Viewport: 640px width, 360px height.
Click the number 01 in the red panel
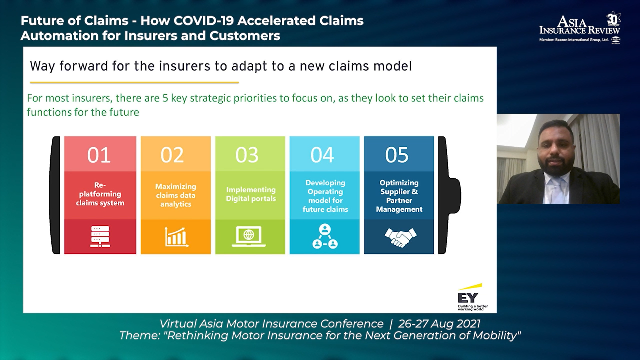[99, 155]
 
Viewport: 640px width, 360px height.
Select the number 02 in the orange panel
[172, 155]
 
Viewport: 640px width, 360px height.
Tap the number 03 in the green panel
[247, 155]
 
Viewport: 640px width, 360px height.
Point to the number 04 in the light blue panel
[322, 155]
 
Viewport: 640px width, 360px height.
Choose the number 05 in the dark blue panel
[397, 155]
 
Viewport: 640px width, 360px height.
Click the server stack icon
[100, 237]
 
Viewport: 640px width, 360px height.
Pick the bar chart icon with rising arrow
[176, 237]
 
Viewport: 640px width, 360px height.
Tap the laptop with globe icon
[249, 236]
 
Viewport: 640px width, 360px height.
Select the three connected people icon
[325, 236]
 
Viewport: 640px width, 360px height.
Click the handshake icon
[400, 237]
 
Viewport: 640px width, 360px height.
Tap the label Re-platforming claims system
[100, 194]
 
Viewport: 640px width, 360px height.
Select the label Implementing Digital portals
[251, 194]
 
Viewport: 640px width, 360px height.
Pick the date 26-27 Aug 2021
[439, 324]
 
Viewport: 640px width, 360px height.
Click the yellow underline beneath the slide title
[134, 82]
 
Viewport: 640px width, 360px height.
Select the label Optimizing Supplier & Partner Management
[399, 196]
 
